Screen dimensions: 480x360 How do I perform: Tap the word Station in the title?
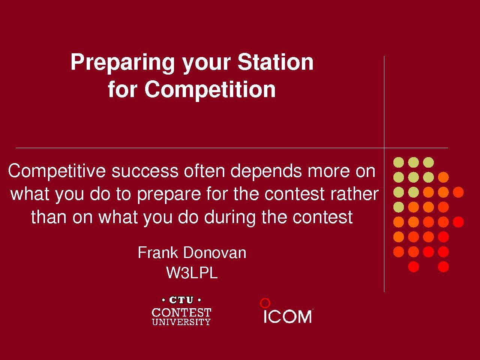pos(276,62)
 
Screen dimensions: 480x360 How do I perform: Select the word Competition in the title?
pos(210,90)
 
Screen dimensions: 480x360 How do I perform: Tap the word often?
pos(204,171)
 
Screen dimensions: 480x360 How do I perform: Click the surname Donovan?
pos(215,253)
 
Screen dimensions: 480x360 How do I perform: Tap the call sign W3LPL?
pos(192,273)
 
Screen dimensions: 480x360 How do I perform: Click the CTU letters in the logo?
pos(181,300)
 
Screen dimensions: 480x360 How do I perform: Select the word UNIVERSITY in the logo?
pos(181,322)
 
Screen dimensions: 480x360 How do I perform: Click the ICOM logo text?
pos(288,316)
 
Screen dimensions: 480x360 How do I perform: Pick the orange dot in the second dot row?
pos(443,177)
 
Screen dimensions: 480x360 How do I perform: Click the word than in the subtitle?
pos(48,217)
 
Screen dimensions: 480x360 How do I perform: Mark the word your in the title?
pos(206,64)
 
